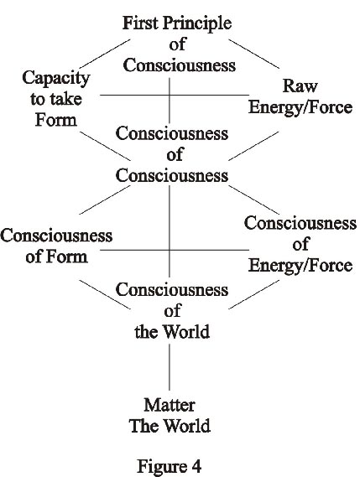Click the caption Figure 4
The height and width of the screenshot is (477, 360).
169,466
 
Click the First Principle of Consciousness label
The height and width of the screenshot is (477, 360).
178,44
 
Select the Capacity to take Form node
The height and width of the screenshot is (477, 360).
56,99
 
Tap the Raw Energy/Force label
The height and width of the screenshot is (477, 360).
300,96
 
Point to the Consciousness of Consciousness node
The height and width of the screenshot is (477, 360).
172,154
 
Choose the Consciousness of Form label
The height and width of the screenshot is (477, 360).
56,246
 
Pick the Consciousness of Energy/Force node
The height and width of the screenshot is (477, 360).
300,244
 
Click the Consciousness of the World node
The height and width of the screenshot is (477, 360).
172,311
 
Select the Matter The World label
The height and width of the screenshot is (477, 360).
170,416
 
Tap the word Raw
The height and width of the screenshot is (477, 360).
300,86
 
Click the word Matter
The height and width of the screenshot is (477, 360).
170,405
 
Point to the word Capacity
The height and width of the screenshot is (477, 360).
56,78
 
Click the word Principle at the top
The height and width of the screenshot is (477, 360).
197,23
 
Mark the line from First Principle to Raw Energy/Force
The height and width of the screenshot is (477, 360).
253,54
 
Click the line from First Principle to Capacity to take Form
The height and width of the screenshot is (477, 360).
105,54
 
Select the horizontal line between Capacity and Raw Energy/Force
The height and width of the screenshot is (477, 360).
175,96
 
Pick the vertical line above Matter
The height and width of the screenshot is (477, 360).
170,367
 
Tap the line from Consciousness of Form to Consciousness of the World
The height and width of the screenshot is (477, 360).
105,294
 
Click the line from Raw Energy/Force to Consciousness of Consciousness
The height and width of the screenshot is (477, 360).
253,146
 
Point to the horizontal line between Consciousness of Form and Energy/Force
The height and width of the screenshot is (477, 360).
175,251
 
